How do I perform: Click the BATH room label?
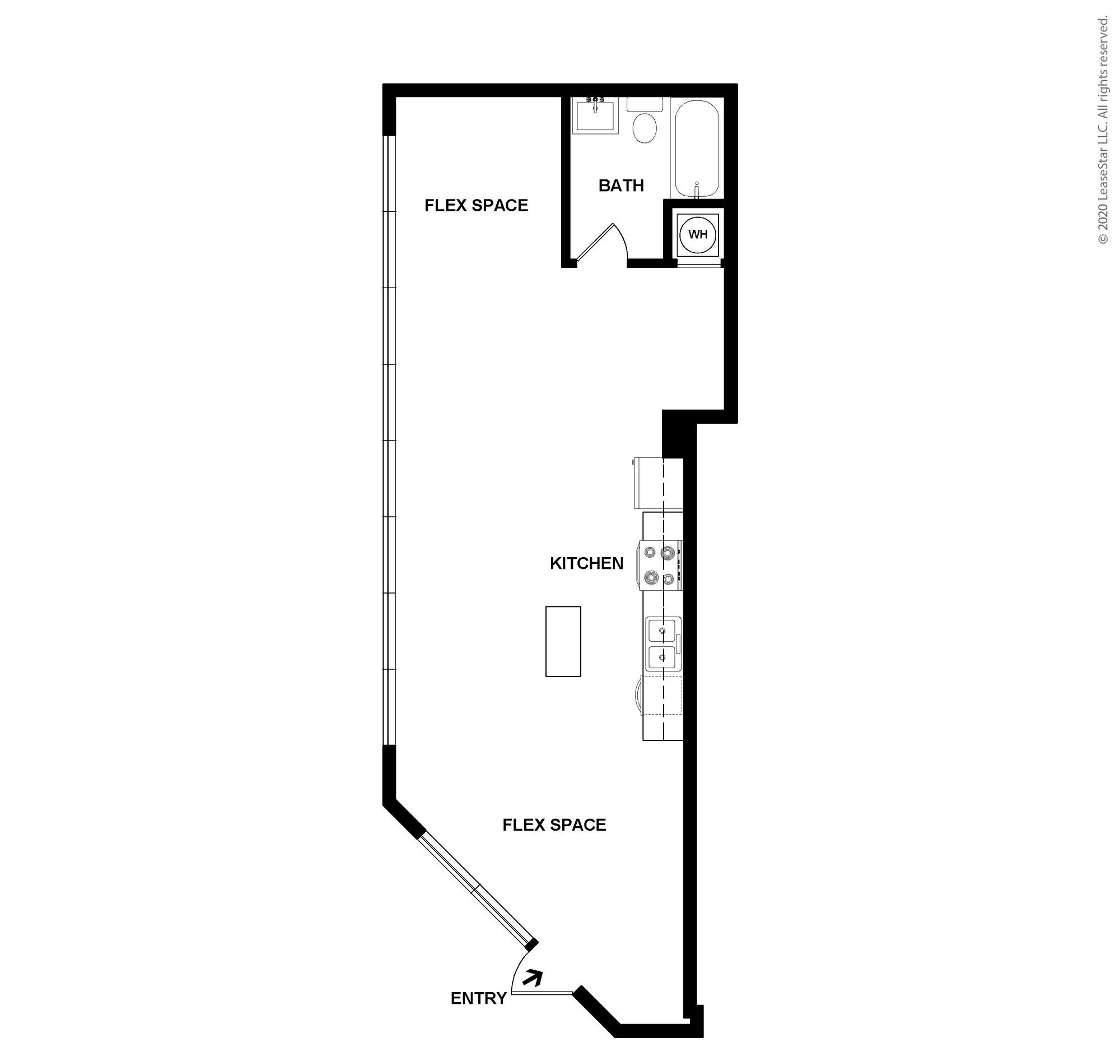pyautogui.click(x=621, y=186)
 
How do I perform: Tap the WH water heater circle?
pyautogui.click(x=697, y=233)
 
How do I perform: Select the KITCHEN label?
pyautogui.click(x=586, y=563)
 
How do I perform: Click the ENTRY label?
pyautogui.click(x=478, y=998)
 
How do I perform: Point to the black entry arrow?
pyautogui.click(x=533, y=978)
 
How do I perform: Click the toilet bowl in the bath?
pyautogui.click(x=645, y=127)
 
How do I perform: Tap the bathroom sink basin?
pyautogui.click(x=595, y=115)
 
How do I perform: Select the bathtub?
pyautogui.click(x=697, y=149)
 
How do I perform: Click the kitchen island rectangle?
pyautogui.click(x=563, y=641)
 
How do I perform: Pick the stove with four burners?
pyautogui.click(x=660, y=565)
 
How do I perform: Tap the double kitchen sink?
pyautogui.click(x=663, y=644)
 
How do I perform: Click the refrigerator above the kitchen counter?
pyautogui.click(x=648, y=483)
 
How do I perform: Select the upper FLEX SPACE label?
pyautogui.click(x=476, y=206)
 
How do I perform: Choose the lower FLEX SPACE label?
pyautogui.click(x=554, y=825)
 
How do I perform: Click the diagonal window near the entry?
pyautogui.click(x=477, y=888)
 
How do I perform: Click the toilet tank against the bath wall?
pyautogui.click(x=645, y=104)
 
